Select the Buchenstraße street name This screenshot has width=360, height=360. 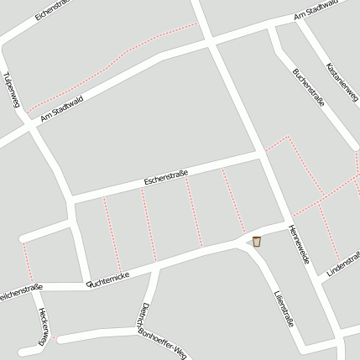click(x=308, y=86)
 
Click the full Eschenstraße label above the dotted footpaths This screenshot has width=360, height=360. click(x=165, y=177)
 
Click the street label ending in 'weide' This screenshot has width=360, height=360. click(x=299, y=244)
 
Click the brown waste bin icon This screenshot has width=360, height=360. click(x=257, y=242)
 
